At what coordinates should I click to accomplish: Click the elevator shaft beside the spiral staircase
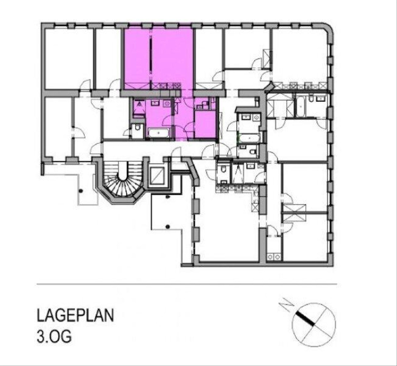pyautogui.click(x=158, y=175)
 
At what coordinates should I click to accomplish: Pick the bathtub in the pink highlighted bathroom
pyautogui.click(x=159, y=133)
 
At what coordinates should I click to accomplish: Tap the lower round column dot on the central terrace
pyautogui.click(x=168, y=226)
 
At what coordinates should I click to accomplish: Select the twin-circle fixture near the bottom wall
pyautogui.click(x=274, y=257)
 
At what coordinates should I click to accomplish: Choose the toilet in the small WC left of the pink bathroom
pyautogui.click(x=138, y=127)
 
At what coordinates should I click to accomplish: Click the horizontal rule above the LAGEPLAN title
pyautogui.click(x=187, y=284)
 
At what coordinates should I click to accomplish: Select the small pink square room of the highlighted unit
pyautogui.click(x=205, y=124)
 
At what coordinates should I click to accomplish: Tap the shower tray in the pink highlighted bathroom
pyautogui.click(x=139, y=107)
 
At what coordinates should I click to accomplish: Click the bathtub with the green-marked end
pyautogui.click(x=249, y=138)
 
